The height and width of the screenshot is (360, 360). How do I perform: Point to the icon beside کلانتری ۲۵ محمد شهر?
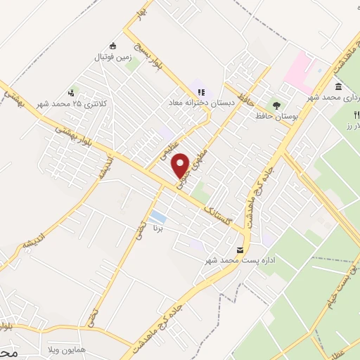[71, 92]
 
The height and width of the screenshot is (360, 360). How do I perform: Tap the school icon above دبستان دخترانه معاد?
[201, 91]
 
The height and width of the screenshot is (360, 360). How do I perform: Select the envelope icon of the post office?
[241, 250]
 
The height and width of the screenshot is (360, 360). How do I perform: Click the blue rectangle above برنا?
[158, 217]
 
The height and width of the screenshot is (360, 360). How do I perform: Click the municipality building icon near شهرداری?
[339, 86]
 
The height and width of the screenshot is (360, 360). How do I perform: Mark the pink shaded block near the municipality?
[300, 70]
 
